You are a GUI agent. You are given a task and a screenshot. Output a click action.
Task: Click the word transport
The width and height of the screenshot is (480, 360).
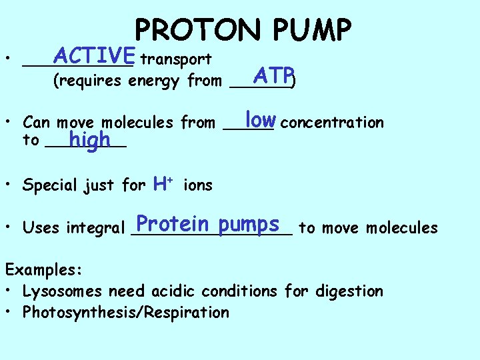[177, 60]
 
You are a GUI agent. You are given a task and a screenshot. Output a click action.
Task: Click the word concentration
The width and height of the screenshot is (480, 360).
[333, 122]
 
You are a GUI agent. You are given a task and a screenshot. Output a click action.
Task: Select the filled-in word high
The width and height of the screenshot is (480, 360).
[89, 141]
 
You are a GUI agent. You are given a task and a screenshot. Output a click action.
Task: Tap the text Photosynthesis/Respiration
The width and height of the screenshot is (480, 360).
[126, 313]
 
